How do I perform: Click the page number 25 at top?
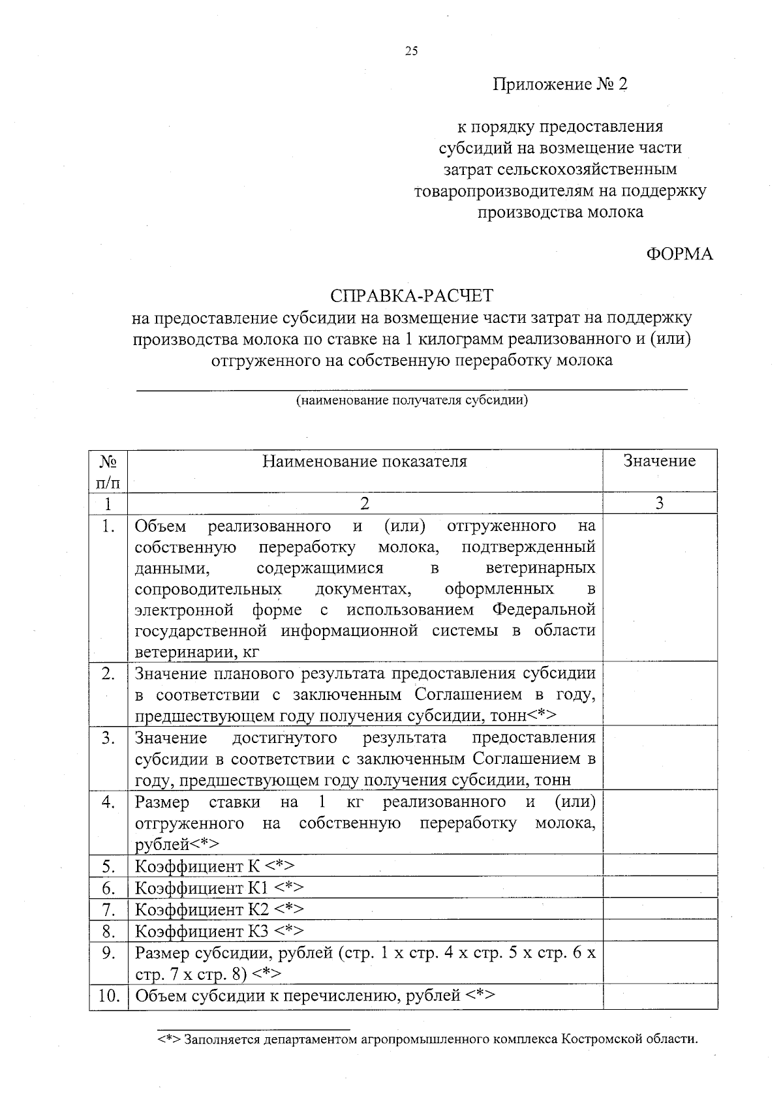point(411,52)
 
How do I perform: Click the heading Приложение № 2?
point(560,85)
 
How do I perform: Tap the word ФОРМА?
point(679,254)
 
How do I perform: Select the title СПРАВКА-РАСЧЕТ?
point(412,296)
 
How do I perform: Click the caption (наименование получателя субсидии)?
point(412,401)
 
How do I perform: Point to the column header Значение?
point(660,462)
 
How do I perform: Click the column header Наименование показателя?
point(365,462)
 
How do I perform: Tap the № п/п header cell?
point(108,472)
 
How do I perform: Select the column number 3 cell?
point(660,504)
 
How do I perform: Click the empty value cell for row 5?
point(660,866)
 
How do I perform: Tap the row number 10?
point(109,996)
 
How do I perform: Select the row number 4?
point(108,802)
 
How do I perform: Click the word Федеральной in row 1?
point(544,610)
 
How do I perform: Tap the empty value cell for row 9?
point(660,963)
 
